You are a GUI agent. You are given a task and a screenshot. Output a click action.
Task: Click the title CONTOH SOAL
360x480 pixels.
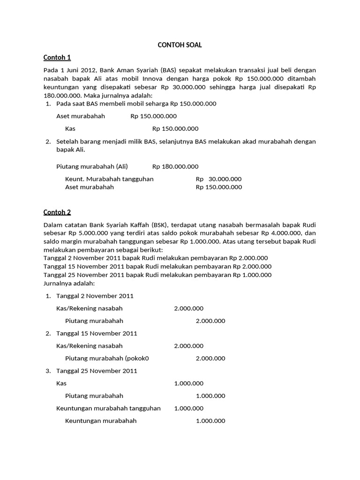(180, 45)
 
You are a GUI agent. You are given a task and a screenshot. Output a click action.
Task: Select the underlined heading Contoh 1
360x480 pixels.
(57, 58)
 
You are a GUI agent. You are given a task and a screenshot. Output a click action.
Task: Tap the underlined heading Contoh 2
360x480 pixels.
(57, 212)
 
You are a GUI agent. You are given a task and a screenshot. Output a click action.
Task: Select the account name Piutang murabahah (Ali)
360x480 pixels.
(92, 166)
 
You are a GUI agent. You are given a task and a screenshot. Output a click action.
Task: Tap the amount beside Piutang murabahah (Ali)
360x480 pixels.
(175, 166)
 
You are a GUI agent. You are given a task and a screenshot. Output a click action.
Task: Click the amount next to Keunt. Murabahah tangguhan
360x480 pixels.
(218, 179)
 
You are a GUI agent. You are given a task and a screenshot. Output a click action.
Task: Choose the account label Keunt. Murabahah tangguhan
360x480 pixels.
(109, 179)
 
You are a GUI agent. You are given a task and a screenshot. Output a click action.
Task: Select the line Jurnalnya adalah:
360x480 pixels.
(69, 283)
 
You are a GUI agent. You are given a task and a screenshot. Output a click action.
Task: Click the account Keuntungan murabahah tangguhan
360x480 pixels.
(108, 408)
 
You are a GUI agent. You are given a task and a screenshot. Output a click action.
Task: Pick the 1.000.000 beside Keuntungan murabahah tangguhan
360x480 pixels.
(188, 408)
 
